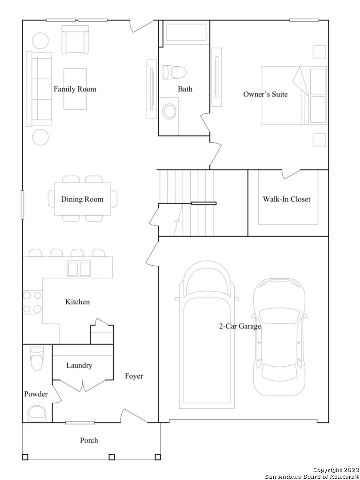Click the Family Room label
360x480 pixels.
75,89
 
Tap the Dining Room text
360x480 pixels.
82,199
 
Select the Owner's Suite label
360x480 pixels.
265,94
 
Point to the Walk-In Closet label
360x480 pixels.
287,199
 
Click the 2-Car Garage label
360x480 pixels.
240,326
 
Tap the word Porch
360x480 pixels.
89,440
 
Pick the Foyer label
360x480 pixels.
134,376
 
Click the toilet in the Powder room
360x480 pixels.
37,358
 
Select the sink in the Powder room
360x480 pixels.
37,413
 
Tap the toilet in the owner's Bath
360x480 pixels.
175,72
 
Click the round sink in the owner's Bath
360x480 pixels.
169,112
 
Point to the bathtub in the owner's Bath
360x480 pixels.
186,32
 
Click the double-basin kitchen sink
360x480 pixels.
79,269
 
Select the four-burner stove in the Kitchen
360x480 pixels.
32,302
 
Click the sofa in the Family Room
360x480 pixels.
39,89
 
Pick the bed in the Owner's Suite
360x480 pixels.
294,96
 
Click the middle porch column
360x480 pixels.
112,457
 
